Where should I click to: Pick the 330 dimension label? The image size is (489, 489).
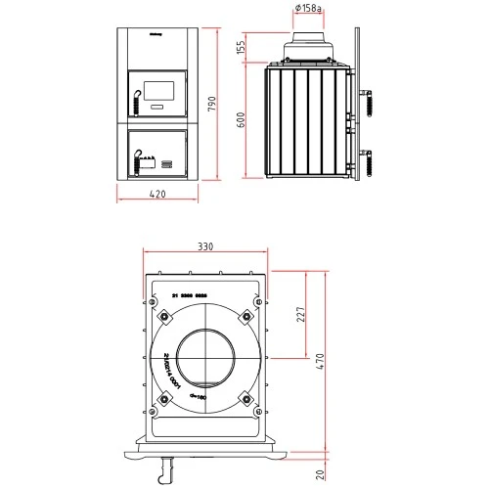[x=204, y=247]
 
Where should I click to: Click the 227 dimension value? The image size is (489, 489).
[x=301, y=315]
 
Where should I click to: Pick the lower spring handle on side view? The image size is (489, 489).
[x=370, y=157]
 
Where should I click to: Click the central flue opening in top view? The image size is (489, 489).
[x=204, y=359]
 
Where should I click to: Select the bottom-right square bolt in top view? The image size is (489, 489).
[x=245, y=400]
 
